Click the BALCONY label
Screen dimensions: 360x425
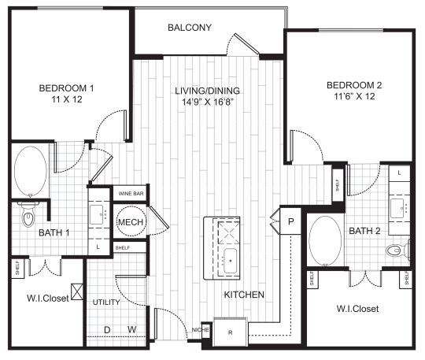(x=190, y=28)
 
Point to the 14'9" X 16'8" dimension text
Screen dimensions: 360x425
(x=205, y=102)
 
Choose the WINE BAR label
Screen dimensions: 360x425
(x=130, y=193)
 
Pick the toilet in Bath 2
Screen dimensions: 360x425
(x=397, y=251)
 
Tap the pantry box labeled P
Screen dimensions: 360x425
(x=290, y=222)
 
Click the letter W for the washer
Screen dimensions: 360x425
(x=134, y=329)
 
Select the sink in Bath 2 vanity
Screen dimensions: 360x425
(x=397, y=207)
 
